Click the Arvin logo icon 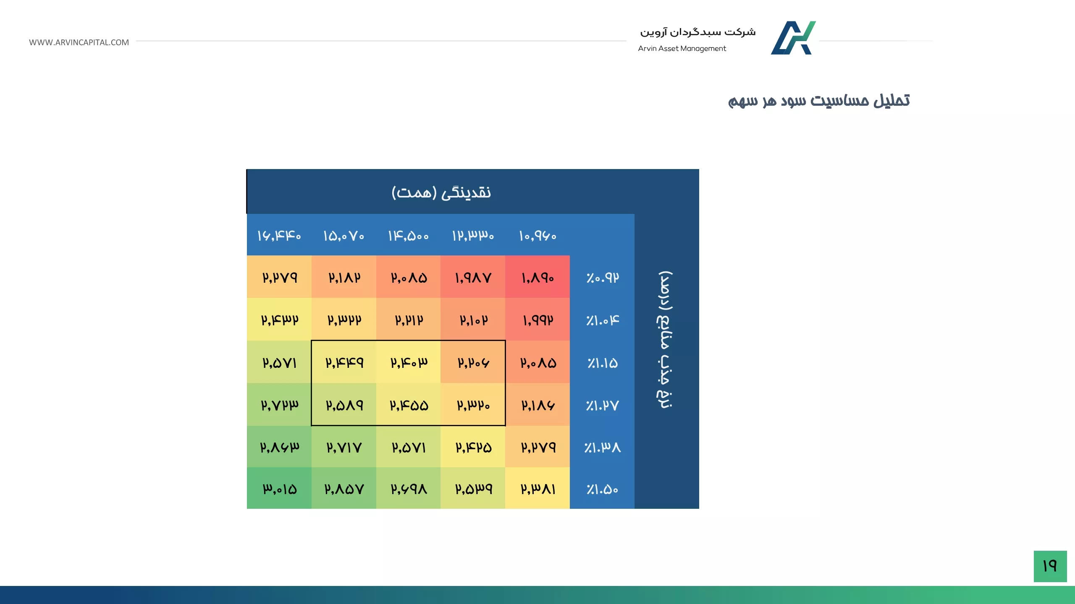coord(793,38)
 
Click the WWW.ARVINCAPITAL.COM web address coord(79,42)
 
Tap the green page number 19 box coord(1050,566)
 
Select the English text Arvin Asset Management coord(682,49)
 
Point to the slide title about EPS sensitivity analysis coord(819,101)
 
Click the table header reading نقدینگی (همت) coord(441,192)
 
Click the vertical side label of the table coord(665,340)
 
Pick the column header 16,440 coord(279,236)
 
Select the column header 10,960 coord(537,236)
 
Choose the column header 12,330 coord(473,236)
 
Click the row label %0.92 coord(602,278)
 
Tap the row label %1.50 coord(602,489)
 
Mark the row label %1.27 coord(602,405)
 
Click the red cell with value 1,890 coord(537,277)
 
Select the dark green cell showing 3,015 coord(279,488)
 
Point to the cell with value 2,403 coord(409,362)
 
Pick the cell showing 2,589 coord(344,405)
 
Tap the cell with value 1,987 coord(473,277)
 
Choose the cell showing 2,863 coord(279,447)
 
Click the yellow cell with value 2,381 coord(537,488)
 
